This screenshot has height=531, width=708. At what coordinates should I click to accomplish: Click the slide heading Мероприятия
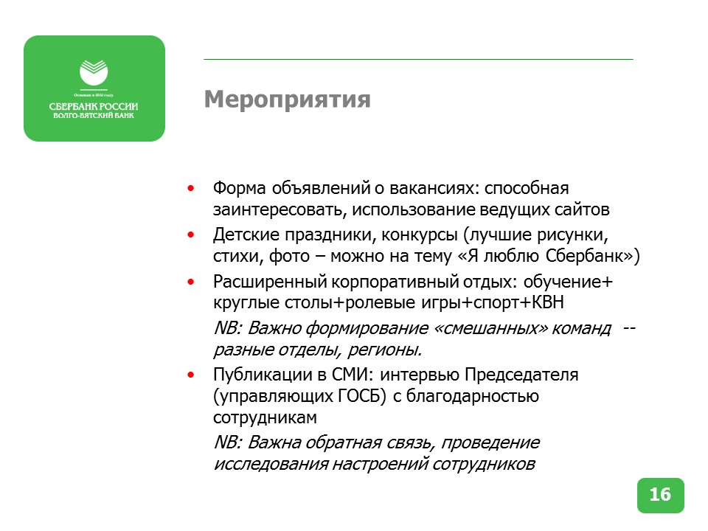(287, 99)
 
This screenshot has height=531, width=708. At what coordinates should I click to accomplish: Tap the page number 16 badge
(660, 495)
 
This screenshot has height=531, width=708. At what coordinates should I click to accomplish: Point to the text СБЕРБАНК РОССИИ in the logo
(94, 107)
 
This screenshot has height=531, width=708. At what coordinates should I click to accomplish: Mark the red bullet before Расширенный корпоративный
(192, 282)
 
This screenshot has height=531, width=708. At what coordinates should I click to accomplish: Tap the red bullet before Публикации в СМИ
(192, 375)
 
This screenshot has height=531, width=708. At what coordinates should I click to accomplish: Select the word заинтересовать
(280, 210)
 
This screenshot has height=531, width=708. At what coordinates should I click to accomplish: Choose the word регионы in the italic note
(388, 350)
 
